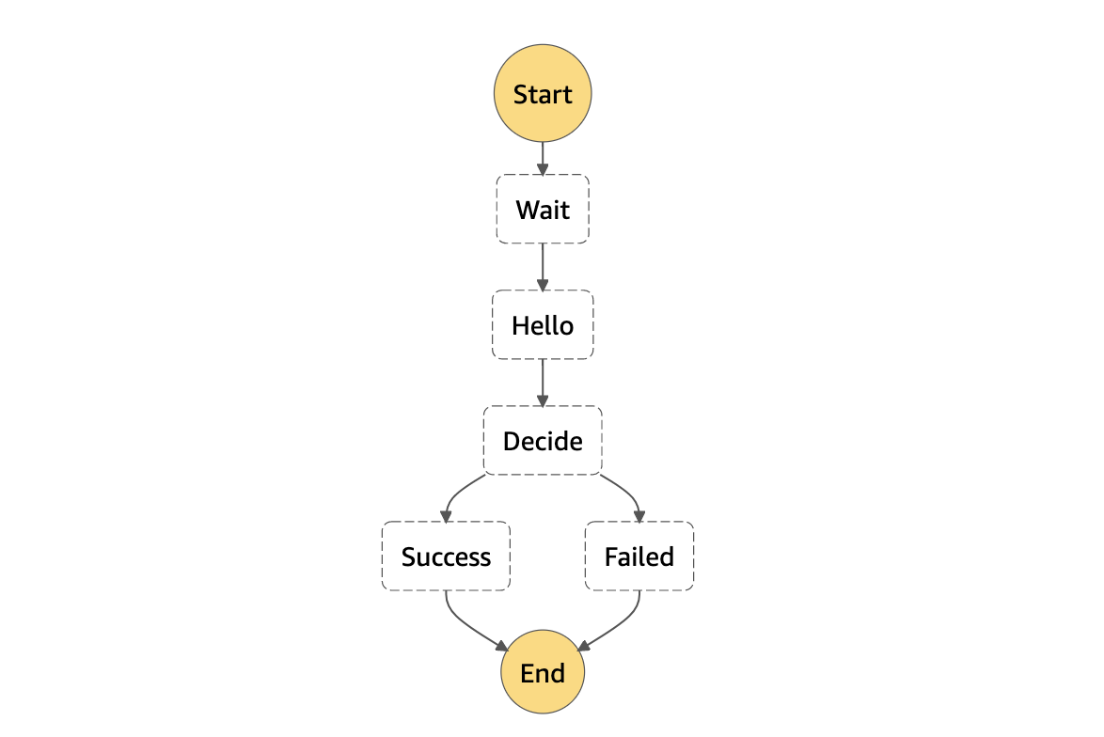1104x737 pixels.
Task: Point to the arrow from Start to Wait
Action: click(x=543, y=158)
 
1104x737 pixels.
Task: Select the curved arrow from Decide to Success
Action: click(x=455, y=493)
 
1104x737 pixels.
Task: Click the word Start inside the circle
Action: click(x=543, y=95)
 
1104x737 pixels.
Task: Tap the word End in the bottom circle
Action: click(x=543, y=674)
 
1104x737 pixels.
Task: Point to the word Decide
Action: click(x=543, y=441)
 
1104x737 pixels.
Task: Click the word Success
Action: click(x=446, y=557)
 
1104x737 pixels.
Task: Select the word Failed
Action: click(x=639, y=557)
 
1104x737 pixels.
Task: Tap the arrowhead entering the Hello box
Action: click(x=543, y=284)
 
